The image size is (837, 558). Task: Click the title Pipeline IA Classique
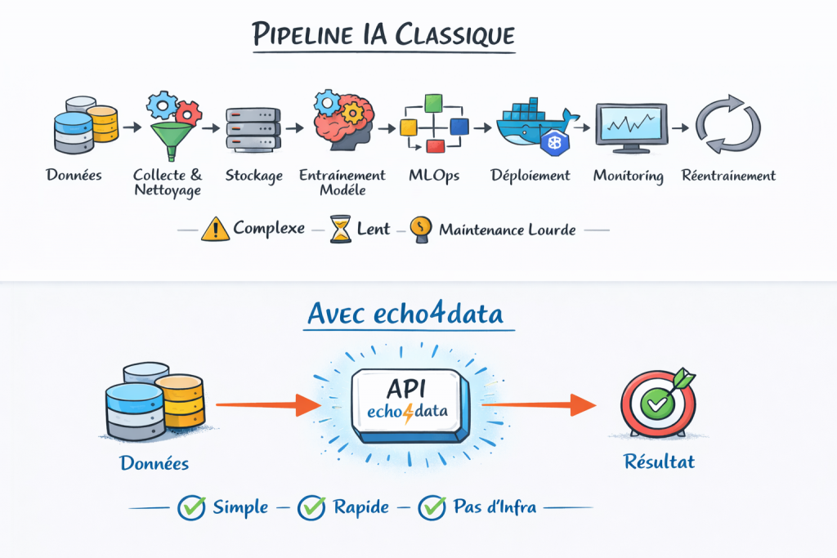tap(383, 35)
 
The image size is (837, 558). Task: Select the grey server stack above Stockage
tap(253, 129)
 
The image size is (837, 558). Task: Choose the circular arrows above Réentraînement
tap(727, 127)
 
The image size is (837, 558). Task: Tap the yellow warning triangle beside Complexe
tap(216, 230)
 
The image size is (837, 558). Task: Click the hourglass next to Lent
tap(340, 230)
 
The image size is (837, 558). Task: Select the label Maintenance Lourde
tap(507, 230)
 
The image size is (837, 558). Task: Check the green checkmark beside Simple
tap(191, 507)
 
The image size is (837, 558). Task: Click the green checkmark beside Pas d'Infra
tap(431, 507)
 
